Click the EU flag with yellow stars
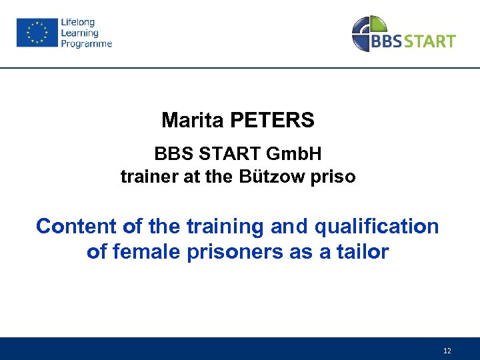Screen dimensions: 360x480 tap(37, 33)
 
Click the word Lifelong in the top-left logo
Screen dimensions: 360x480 tap(78, 23)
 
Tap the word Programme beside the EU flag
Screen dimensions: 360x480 tap(87, 44)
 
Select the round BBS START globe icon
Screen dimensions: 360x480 tap(368, 33)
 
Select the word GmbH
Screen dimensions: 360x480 tap(294, 154)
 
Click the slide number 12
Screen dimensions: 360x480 tap(447, 351)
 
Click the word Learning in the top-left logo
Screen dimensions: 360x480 tap(79, 33)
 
